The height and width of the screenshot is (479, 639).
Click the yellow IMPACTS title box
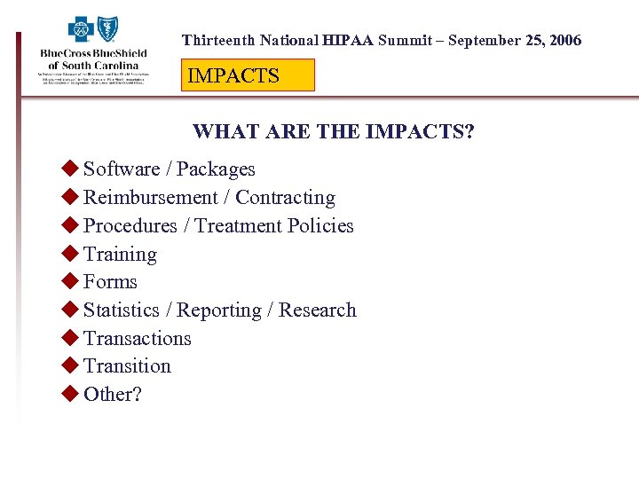248,75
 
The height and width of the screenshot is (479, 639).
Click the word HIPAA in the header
349,41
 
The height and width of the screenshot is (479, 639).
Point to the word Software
122,169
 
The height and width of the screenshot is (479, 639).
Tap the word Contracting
285,198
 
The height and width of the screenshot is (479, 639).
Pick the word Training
120,255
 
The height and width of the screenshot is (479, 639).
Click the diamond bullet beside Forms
70,281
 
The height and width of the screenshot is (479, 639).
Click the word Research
318,310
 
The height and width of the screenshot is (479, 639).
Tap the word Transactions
137,339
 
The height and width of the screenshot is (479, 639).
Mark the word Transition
127,366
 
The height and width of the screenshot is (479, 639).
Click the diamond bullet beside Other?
70,394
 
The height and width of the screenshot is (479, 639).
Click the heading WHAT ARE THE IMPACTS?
334,132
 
